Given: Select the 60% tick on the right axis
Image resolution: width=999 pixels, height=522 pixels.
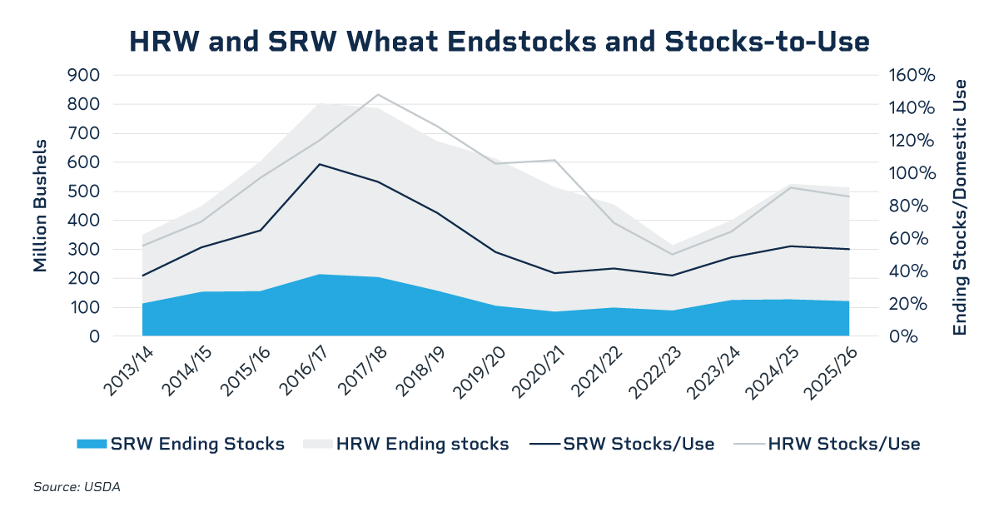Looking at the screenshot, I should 907,239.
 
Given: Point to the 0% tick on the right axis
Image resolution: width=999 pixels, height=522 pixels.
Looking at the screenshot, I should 902,336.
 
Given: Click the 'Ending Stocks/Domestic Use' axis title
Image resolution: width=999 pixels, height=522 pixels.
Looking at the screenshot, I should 961,207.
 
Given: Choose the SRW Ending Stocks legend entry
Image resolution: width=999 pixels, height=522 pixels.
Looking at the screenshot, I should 181,444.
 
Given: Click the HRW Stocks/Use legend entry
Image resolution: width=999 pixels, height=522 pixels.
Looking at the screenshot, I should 828,444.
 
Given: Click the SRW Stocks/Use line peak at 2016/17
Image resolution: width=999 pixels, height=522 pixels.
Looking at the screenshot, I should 319,164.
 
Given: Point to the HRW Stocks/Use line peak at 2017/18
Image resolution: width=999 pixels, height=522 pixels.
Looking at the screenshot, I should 378,95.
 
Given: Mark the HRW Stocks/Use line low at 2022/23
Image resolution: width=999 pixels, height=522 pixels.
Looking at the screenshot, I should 673,255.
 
